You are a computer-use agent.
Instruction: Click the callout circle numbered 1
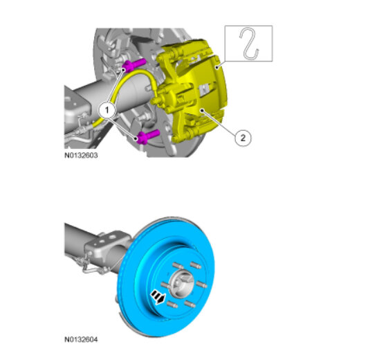pos(107,109)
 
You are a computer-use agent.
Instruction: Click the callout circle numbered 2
pos(243,138)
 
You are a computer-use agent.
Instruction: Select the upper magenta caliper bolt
pos(134,65)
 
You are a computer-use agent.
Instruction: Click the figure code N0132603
pos(81,155)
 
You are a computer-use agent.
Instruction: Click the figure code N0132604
pos(81,339)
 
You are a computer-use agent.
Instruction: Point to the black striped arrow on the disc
pos(158,297)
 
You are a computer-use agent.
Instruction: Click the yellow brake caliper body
pos(192,91)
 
